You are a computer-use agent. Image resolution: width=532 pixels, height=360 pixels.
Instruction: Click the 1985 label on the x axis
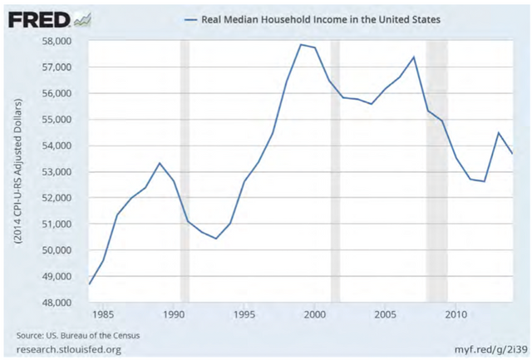pyautogui.click(x=103, y=315)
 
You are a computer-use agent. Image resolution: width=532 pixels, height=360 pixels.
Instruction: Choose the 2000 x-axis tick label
pyautogui.click(x=314, y=315)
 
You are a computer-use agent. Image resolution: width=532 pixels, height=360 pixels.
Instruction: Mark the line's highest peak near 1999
pyautogui.click(x=301, y=44)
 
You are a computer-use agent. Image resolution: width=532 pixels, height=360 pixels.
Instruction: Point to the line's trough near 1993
pyautogui.click(x=216, y=239)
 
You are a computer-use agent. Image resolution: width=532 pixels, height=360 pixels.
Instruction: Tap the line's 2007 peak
pyautogui.click(x=414, y=57)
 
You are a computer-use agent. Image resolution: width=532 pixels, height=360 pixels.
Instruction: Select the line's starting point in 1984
pyautogui.click(x=89, y=284)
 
